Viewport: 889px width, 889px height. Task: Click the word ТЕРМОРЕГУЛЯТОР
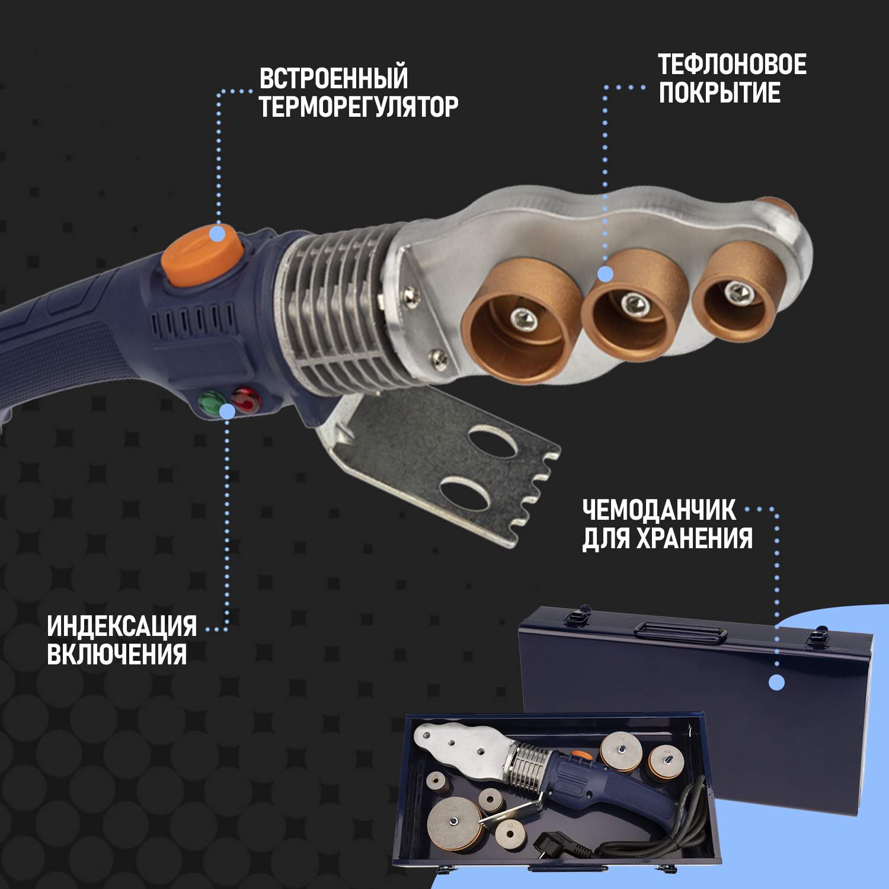(x=359, y=107)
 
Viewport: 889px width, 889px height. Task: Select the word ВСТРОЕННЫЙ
(x=334, y=78)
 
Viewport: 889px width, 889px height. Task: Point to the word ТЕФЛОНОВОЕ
(x=732, y=65)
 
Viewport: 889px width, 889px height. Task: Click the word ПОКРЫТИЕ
(x=719, y=94)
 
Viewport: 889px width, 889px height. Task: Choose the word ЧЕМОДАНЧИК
(x=659, y=510)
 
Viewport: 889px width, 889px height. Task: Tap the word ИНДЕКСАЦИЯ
(x=121, y=626)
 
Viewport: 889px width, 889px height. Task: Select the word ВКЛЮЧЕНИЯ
(x=117, y=654)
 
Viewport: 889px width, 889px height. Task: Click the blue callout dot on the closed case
(x=776, y=683)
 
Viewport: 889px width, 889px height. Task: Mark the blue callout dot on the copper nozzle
(x=605, y=274)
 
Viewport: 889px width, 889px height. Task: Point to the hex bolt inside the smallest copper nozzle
(x=737, y=291)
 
